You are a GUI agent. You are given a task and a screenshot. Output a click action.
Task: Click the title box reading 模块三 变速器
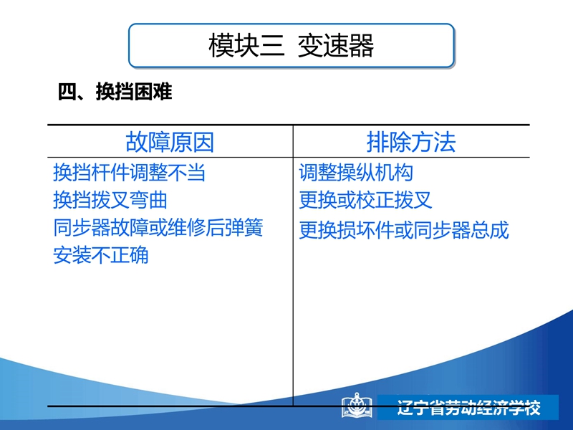point(292,46)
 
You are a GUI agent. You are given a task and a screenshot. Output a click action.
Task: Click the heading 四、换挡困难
point(115,92)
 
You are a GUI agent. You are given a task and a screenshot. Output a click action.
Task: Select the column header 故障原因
point(170,142)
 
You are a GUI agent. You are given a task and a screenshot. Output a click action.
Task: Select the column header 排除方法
point(411,142)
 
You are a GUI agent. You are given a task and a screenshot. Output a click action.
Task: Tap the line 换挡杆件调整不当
point(130,172)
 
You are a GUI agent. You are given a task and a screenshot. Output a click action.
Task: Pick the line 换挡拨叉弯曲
point(110,200)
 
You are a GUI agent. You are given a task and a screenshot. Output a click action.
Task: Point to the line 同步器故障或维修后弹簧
point(158,227)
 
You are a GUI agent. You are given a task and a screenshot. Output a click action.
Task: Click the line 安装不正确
point(101,255)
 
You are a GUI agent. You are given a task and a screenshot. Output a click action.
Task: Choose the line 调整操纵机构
point(356,172)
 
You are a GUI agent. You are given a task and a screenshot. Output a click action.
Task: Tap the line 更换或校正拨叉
point(366,200)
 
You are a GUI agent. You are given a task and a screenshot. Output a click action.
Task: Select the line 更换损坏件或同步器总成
point(404,229)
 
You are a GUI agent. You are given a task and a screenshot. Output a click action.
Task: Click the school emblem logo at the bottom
point(357,405)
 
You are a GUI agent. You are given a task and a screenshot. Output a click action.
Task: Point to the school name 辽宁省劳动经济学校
point(469,407)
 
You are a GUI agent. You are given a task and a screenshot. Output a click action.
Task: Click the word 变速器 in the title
point(336,46)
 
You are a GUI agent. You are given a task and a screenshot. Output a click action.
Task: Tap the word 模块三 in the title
point(246,46)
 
